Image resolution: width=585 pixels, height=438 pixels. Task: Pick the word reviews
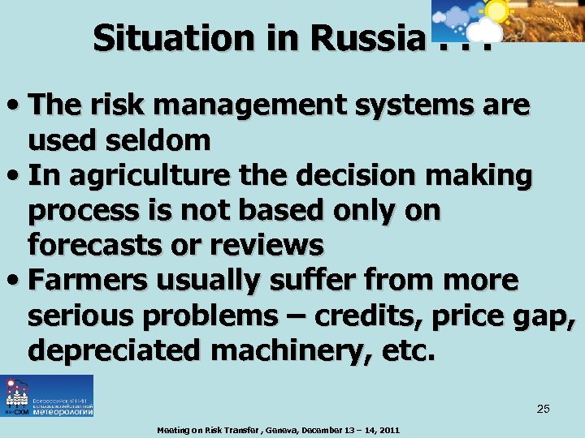(x=265, y=244)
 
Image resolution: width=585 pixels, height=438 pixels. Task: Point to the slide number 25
(x=543, y=409)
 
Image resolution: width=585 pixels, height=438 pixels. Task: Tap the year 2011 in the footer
(x=386, y=430)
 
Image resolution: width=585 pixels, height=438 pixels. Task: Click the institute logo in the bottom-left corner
(x=47, y=396)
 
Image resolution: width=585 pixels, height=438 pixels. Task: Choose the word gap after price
(x=548, y=316)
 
